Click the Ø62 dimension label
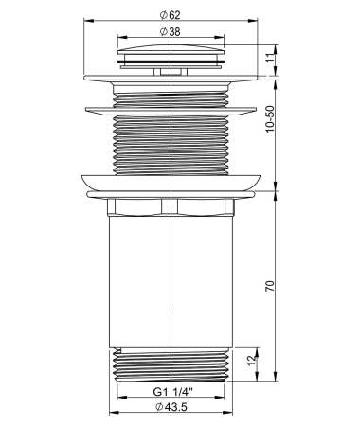point(171,15)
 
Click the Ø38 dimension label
point(171,31)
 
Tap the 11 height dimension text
point(269,58)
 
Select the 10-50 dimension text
point(270,119)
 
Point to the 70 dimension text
point(270,286)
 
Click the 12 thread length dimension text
point(251,360)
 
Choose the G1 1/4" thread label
point(172,392)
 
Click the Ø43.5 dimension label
point(171,407)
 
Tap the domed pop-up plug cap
point(171,49)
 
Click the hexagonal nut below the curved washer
point(171,207)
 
